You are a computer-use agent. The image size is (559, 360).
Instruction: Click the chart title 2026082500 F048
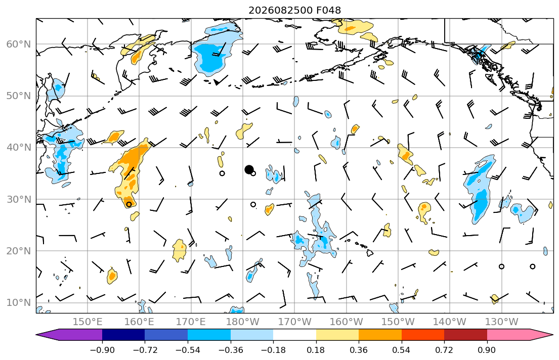click(294, 10)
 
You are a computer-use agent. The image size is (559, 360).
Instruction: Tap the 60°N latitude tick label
click(19, 44)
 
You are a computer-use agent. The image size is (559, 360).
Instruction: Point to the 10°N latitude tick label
click(19, 303)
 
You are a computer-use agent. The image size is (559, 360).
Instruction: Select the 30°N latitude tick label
click(19, 199)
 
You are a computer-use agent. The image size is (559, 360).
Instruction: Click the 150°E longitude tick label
click(88, 322)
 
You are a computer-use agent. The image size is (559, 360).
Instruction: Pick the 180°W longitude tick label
click(243, 322)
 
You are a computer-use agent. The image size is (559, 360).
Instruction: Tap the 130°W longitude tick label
click(502, 322)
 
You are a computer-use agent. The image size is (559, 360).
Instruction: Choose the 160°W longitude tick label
click(346, 322)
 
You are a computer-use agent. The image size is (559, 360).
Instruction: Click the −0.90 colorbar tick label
click(102, 350)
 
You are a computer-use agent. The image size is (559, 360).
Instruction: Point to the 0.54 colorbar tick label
click(402, 350)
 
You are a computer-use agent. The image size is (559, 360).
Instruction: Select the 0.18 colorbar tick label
click(316, 350)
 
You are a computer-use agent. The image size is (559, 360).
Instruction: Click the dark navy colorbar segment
click(123, 335)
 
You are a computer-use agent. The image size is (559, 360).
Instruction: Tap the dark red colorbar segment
click(465, 335)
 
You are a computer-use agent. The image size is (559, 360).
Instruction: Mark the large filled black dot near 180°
click(249, 169)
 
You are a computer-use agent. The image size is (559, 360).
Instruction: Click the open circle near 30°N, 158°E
click(128, 204)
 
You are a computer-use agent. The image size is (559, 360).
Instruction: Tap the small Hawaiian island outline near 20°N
click(370, 252)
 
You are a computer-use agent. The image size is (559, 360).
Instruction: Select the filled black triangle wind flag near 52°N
click(217, 82)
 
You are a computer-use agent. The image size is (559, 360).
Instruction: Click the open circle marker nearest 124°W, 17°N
click(533, 266)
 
